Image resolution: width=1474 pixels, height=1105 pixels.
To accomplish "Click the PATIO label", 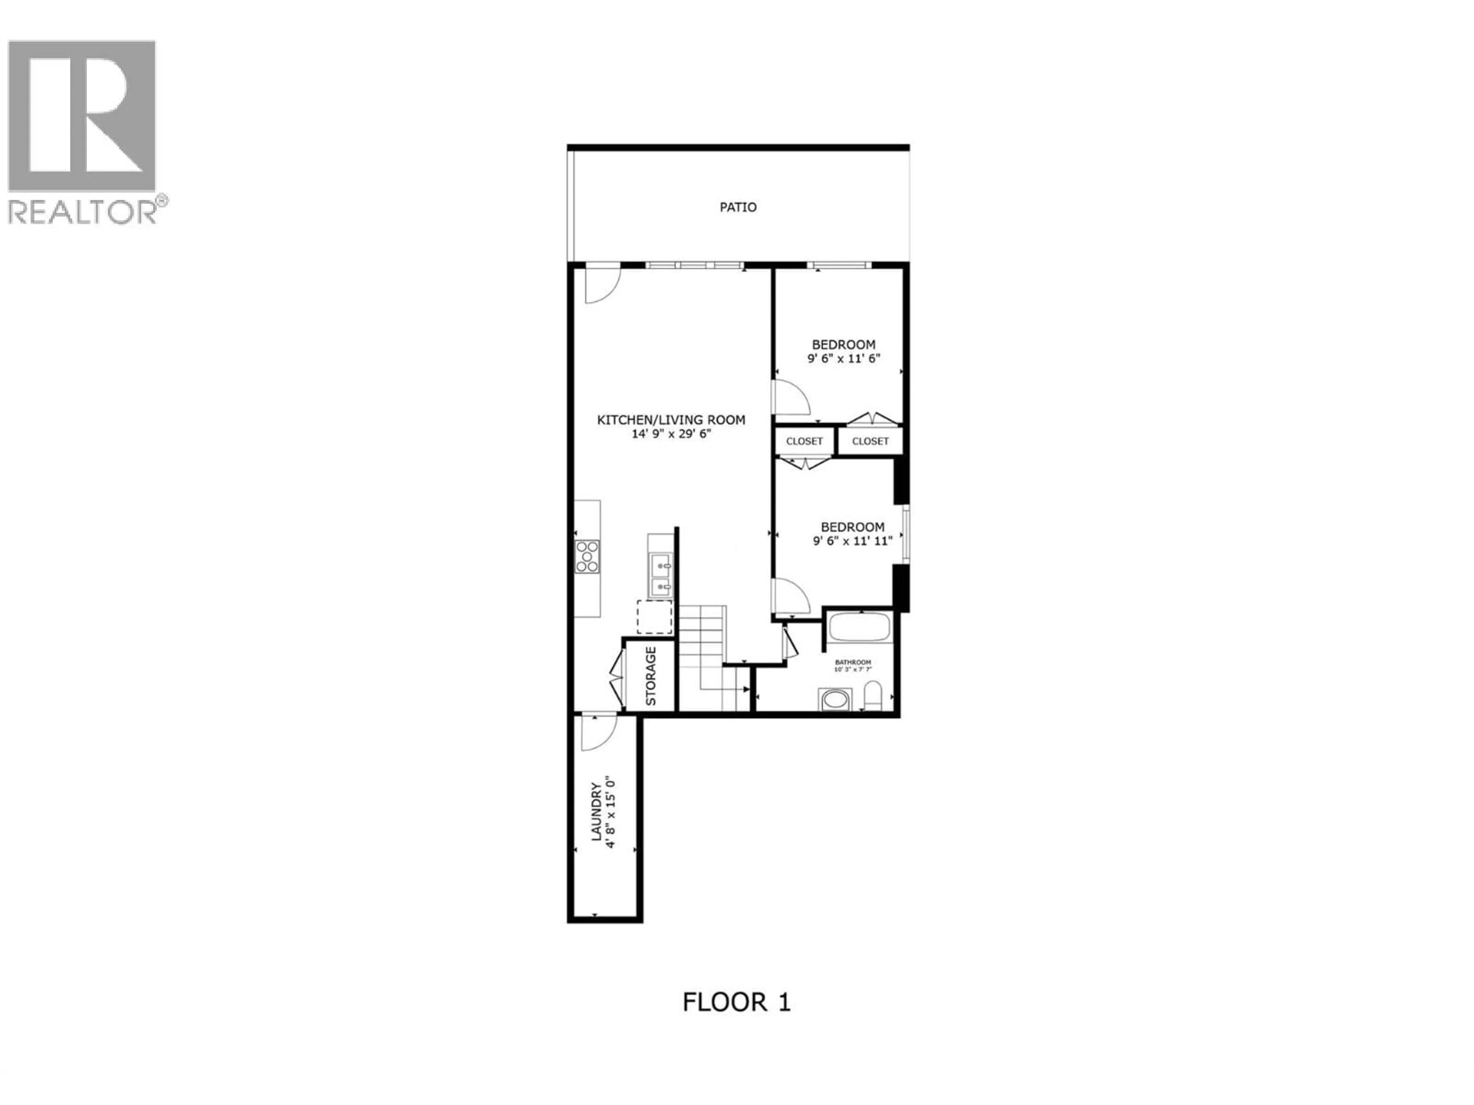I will pyautogui.click(x=738, y=207).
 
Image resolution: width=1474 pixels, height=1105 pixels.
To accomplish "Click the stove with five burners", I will pyautogui.click(x=587, y=556).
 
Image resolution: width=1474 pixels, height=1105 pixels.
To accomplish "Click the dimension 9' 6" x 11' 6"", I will pyautogui.click(x=844, y=358).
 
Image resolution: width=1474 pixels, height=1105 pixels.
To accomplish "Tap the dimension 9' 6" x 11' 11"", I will pyautogui.click(x=852, y=541).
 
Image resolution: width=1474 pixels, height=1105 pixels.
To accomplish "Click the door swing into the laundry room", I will pyautogui.click(x=598, y=733).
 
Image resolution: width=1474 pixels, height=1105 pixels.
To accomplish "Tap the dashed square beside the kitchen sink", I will pyautogui.click(x=654, y=616).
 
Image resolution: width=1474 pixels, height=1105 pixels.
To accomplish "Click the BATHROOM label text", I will pyautogui.click(x=853, y=662).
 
